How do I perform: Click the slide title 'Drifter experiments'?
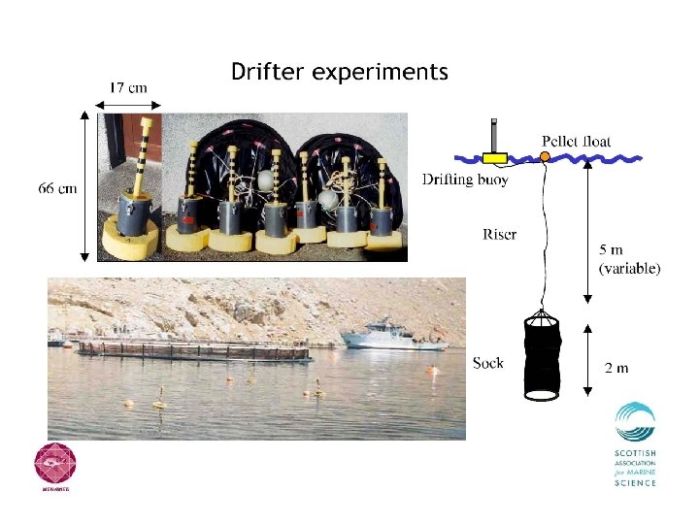[x=339, y=72]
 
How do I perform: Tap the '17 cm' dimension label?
[x=128, y=86]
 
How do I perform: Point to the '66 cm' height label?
[x=57, y=188]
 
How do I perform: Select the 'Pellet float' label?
[x=576, y=141]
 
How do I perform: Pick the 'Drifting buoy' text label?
[x=465, y=180]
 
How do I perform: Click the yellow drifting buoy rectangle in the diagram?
[x=496, y=156]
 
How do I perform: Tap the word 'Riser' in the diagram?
[x=499, y=234]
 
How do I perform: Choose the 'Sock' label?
[x=488, y=363]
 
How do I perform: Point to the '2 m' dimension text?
[x=616, y=368]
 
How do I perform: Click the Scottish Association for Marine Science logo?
[x=635, y=443]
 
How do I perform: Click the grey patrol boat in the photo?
[x=391, y=335]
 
